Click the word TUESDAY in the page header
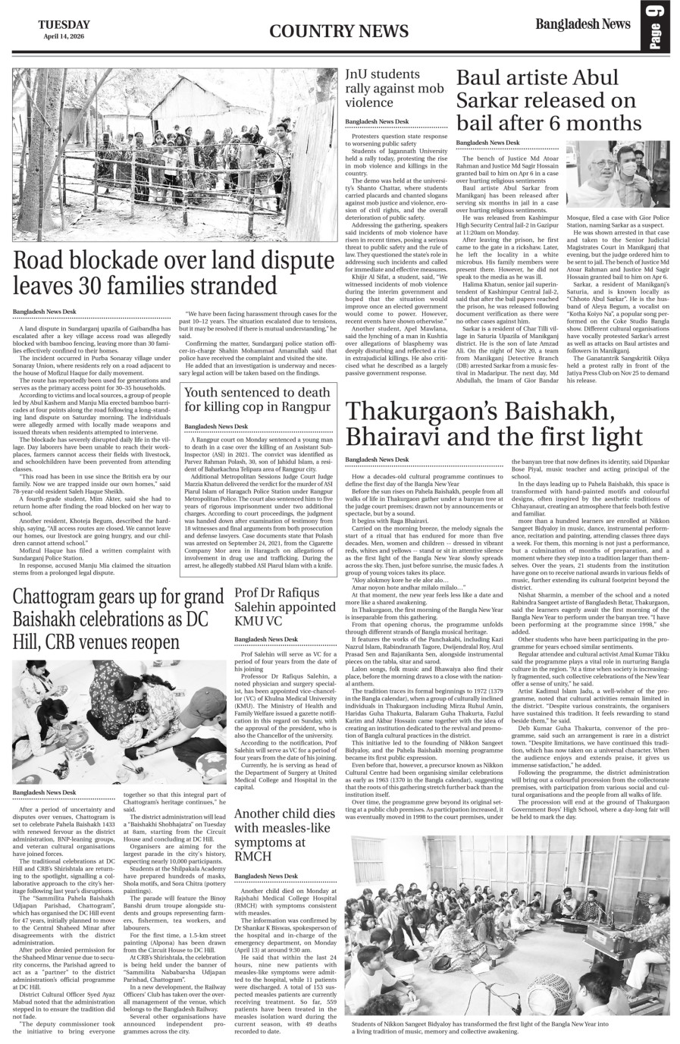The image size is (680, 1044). click(64, 24)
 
